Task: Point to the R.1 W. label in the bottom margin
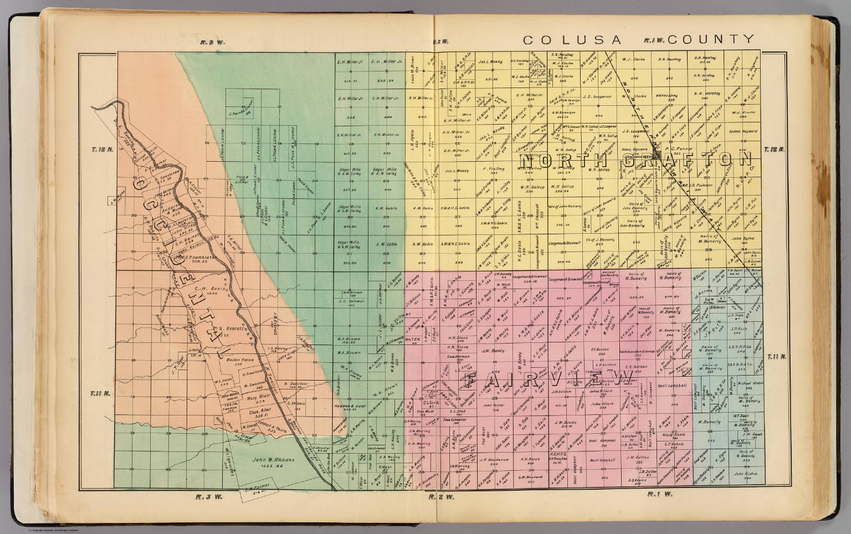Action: [659, 494]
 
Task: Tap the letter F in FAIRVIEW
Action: [470, 381]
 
